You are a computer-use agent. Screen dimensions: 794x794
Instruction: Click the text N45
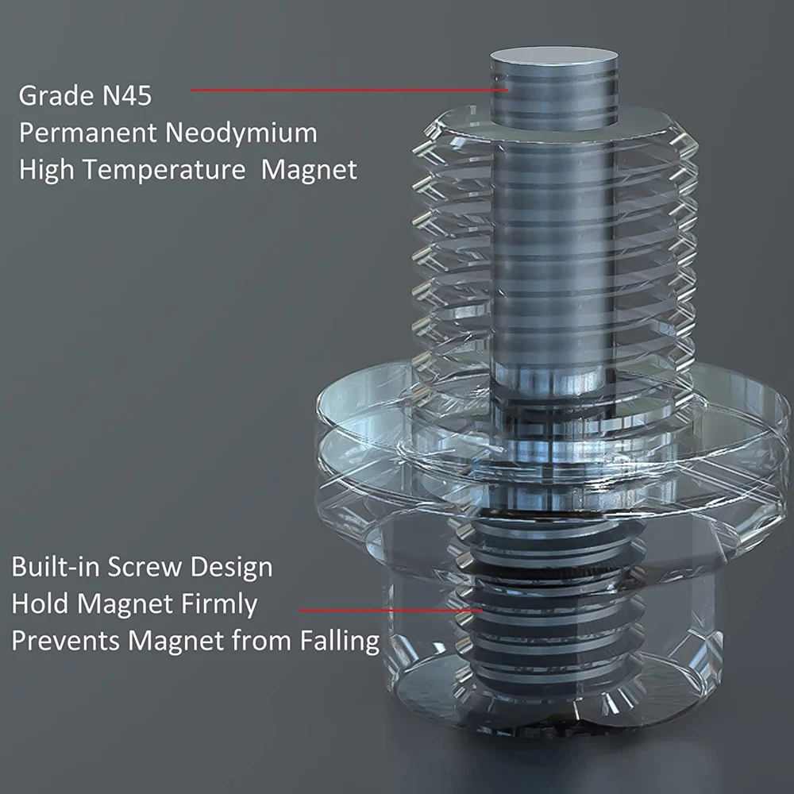[126, 96]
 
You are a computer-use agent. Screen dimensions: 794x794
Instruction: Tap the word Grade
[56, 96]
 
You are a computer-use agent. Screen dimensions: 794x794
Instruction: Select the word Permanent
[88, 133]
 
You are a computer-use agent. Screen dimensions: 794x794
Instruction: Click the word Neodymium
[241, 133]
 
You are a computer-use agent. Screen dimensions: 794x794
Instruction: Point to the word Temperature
[164, 170]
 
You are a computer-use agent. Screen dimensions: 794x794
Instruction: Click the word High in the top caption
[47, 170]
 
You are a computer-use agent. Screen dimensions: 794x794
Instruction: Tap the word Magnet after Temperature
[309, 170]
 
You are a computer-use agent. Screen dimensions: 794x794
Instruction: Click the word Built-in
[56, 567]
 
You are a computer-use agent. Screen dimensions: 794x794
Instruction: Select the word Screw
[145, 567]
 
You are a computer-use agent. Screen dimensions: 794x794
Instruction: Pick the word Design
[231, 568]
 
